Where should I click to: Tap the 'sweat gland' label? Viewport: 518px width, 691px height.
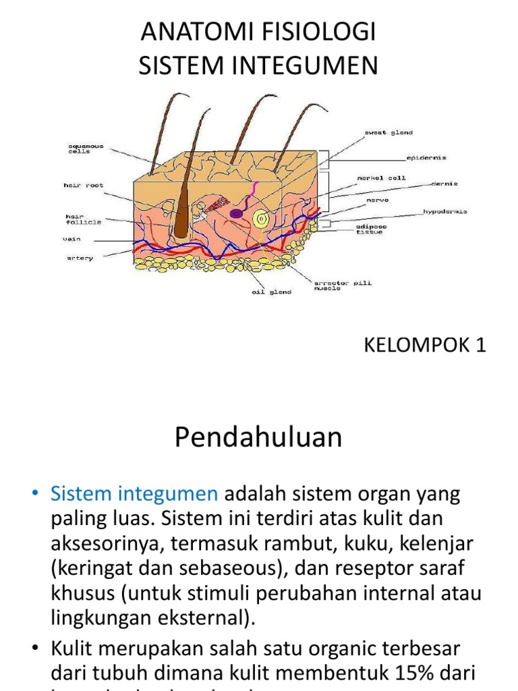pos(390,133)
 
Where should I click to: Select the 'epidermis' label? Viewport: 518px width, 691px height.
pos(426,158)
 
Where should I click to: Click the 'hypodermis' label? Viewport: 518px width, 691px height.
pos(444,211)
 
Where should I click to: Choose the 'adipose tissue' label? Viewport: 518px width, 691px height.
pos(370,229)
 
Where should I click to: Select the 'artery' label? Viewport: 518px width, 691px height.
pos(80,257)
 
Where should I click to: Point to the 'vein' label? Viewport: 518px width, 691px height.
pos(72,239)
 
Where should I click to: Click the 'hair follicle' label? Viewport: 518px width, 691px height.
pos(82,219)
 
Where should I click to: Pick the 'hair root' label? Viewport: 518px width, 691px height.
pos(84,185)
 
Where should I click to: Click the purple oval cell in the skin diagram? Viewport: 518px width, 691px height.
pos(237,213)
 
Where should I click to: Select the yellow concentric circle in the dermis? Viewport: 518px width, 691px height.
pos(260,218)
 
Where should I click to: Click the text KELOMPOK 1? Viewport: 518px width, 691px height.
pos(425,345)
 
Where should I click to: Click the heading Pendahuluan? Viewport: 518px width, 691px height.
pos(258,438)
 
